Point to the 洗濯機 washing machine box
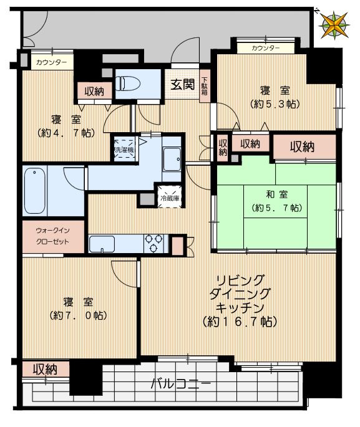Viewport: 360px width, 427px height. coord(123,148)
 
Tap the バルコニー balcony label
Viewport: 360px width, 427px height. coord(181,383)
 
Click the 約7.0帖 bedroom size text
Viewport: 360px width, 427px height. coord(78,315)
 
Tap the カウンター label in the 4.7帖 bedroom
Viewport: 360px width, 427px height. coord(48,62)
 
